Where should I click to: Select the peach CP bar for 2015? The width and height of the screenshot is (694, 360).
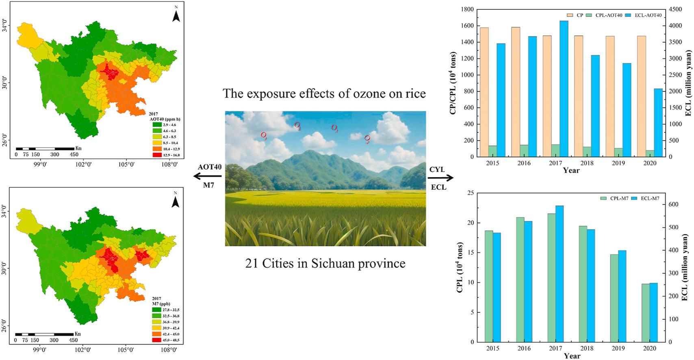coord(484,92)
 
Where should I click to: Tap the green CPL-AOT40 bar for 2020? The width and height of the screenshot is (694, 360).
coord(650,154)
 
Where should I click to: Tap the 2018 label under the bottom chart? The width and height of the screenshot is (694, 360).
coord(587,349)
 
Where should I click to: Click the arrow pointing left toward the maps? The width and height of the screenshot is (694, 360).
coord(207,176)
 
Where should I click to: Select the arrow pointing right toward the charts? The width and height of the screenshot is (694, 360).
coord(440,178)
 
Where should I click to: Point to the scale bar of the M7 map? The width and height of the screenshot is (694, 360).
coord(45,334)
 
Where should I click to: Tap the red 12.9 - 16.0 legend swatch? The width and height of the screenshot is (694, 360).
coord(154,155)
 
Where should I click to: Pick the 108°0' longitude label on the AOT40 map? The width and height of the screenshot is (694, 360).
coord(169,165)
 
